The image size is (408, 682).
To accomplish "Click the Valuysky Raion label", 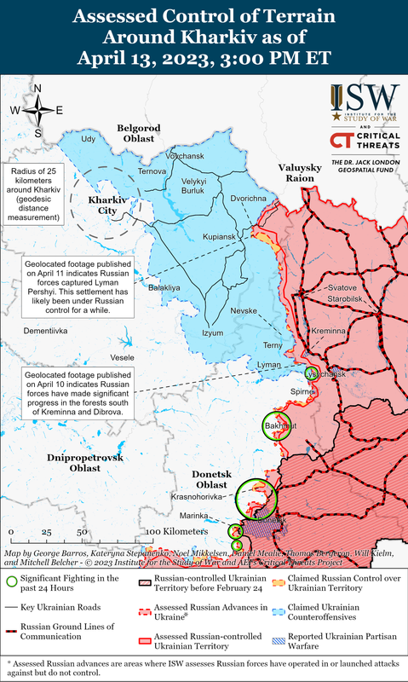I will (300, 173).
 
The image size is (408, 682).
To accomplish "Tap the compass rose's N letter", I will (37, 89).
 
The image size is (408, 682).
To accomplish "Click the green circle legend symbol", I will (12, 581).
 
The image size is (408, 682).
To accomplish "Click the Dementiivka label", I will (44, 329).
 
